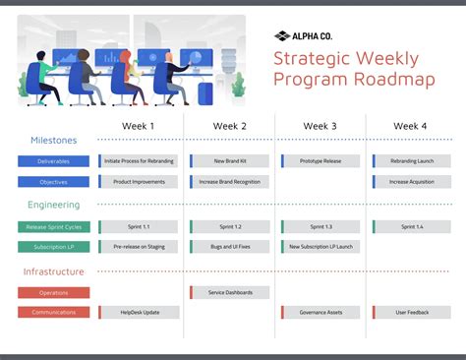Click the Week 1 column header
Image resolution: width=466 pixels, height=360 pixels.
coord(138,126)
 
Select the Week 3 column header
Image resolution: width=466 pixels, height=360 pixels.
coord(320,126)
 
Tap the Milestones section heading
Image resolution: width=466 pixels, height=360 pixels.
coord(53,140)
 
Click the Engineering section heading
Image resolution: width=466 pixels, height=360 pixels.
coord(54,205)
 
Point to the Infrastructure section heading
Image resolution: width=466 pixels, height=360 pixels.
coord(53,271)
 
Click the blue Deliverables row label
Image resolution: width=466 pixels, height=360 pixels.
coord(53,161)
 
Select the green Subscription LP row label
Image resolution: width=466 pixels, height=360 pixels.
coord(53,247)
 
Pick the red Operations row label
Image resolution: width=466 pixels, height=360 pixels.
coord(53,292)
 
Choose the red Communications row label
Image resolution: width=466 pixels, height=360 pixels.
coord(53,313)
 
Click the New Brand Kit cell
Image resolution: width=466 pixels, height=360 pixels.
coord(230,161)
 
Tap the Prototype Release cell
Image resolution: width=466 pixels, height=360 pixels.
coord(321,161)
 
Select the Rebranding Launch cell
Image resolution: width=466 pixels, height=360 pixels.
coord(412,161)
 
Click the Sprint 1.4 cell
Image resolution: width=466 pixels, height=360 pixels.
coord(412,227)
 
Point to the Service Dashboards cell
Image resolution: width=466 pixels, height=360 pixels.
coord(230,292)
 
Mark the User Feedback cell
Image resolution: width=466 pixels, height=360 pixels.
coord(412,313)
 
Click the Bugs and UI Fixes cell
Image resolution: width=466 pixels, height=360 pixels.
coord(230,247)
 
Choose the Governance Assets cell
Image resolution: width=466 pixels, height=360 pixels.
coord(321,313)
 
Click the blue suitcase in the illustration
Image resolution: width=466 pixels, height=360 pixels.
coord(204,92)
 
